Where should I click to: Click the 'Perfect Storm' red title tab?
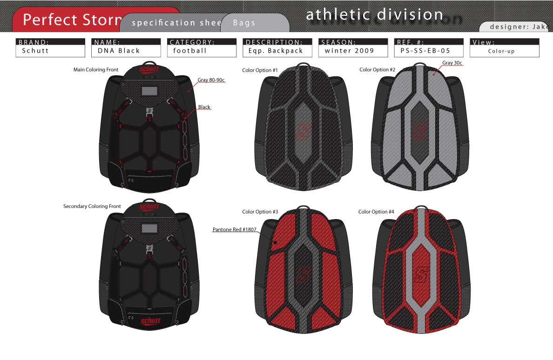70,20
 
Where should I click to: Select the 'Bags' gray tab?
244,23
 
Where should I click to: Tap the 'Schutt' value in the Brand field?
35,51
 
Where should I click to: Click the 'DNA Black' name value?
119,51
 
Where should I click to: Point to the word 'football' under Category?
189,51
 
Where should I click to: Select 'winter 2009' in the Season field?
349,51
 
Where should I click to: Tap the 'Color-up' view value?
501,51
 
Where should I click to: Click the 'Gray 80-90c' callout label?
211,80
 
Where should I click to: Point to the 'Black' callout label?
204,107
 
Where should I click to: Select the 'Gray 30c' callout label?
452,63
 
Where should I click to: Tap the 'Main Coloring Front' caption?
96,70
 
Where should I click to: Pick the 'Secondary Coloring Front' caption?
92,206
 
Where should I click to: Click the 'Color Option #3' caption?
260,212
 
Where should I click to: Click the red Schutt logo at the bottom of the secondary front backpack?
150,321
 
